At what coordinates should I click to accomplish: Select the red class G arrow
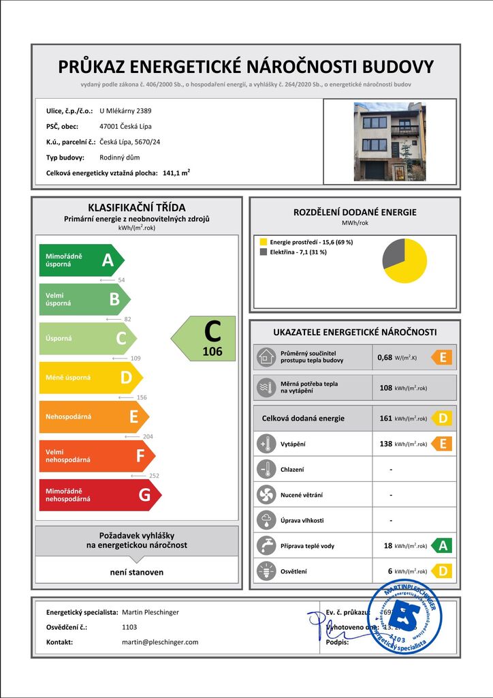tap(99, 495)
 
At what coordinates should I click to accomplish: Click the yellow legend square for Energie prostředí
tap(264, 242)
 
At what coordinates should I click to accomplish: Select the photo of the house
tap(389, 142)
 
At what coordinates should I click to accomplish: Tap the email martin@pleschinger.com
tap(160, 642)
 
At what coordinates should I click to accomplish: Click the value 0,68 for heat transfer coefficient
tap(385, 357)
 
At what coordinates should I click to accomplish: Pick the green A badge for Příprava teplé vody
tap(443, 545)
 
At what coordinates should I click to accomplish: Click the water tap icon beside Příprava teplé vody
tap(264, 545)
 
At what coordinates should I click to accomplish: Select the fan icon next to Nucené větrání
tap(264, 495)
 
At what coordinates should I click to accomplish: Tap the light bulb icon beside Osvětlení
tap(264, 571)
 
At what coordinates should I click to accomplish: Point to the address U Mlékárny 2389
tap(125, 110)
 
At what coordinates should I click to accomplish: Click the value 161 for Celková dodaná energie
tap(385, 419)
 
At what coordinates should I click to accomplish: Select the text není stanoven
tap(137, 572)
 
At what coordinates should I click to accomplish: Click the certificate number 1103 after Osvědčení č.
tap(129, 627)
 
